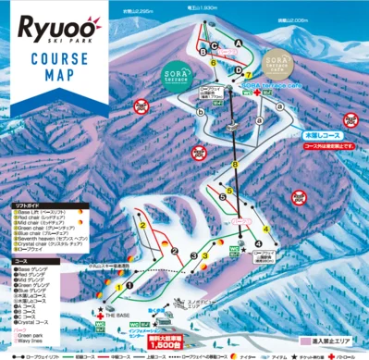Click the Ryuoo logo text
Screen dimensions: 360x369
[57, 20]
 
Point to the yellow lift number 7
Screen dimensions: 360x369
[247, 74]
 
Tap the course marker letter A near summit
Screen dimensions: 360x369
[238, 43]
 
